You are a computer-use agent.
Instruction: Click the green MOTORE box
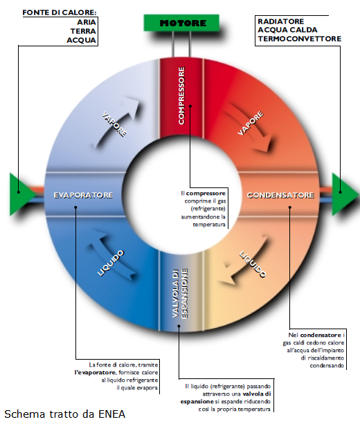(181, 23)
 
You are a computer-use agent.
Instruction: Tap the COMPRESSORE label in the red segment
(181, 95)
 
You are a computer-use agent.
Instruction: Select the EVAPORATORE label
(83, 195)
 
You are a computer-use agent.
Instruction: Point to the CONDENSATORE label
(280, 195)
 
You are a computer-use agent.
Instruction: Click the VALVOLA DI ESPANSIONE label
(180, 293)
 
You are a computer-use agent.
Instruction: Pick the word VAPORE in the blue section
(114, 125)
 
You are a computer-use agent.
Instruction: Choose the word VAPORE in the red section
(251, 123)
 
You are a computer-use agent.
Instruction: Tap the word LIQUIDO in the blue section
(111, 263)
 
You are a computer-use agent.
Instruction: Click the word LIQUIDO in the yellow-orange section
(253, 264)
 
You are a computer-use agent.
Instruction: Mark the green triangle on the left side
(21, 194)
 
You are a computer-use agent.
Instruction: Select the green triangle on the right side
(344, 194)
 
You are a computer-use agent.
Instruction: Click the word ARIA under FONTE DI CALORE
(87, 22)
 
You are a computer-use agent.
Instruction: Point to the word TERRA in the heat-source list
(83, 31)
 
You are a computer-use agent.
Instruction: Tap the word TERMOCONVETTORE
(299, 39)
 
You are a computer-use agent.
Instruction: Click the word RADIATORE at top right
(280, 21)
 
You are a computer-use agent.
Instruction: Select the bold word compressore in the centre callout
(206, 194)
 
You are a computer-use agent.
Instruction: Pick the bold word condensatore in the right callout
(321, 335)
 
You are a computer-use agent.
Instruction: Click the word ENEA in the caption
(111, 414)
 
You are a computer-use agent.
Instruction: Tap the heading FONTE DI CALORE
(60, 12)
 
